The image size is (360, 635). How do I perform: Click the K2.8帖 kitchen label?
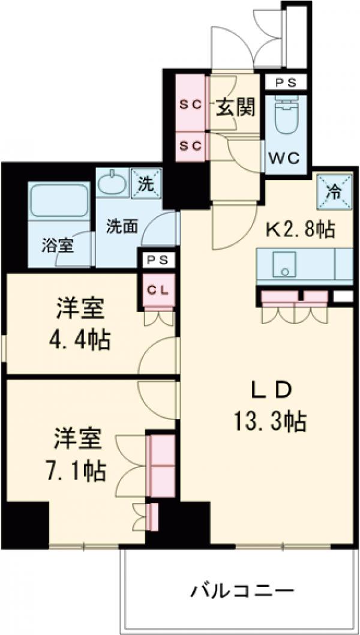300,229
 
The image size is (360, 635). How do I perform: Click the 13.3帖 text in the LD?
270,422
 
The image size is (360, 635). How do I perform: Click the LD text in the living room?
271,390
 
